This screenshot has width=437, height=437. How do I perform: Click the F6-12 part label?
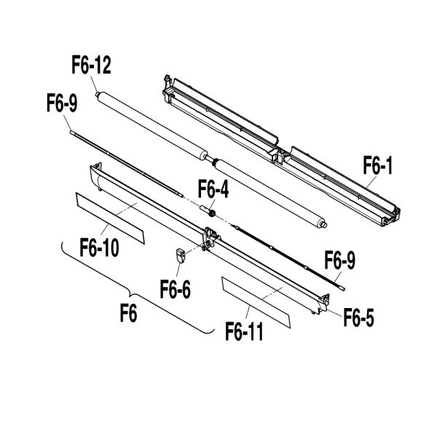coord(91,66)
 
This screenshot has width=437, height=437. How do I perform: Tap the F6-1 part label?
coord(378,168)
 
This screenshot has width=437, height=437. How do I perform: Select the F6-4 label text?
coord(213,190)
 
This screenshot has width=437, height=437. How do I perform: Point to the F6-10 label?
coord(100,249)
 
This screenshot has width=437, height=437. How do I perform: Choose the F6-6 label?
coord(176,289)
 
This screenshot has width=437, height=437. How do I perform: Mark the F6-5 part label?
coord(358,318)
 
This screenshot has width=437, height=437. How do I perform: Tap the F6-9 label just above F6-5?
coord(339,260)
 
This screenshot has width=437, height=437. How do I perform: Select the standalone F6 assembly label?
coord(129,315)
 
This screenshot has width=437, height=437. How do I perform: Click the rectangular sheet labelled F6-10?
coord(110,218)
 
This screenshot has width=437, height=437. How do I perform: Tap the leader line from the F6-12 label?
coord(95,83)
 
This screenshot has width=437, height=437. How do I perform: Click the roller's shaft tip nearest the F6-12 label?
coord(96,95)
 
